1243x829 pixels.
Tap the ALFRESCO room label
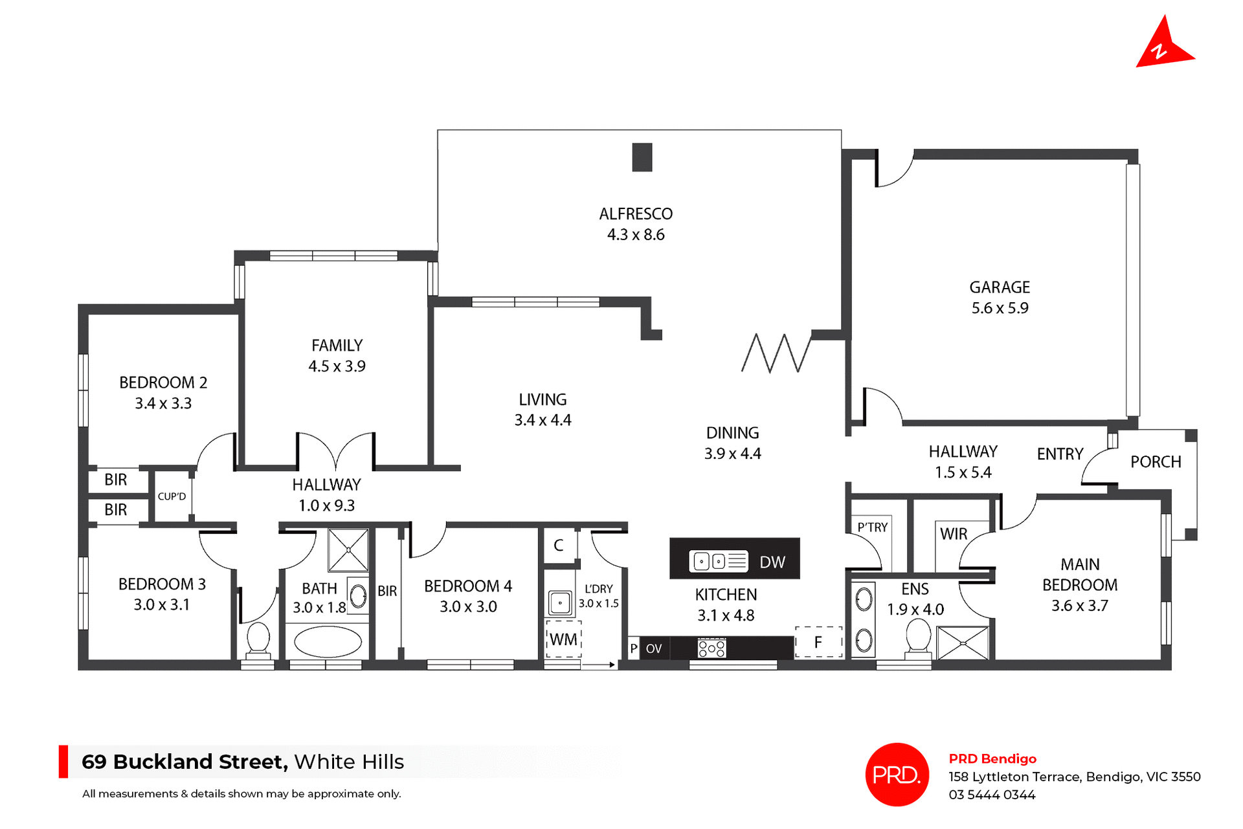(x=635, y=214)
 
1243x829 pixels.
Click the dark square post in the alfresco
(x=642, y=157)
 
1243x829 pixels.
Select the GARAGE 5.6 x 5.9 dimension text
(x=999, y=308)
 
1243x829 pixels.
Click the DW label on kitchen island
(x=772, y=562)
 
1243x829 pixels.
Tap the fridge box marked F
(x=818, y=642)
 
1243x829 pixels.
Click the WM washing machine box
(x=563, y=639)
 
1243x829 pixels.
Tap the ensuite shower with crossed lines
(x=963, y=643)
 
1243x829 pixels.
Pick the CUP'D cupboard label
(x=172, y=496)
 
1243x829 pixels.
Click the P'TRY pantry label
(x=872, y=527)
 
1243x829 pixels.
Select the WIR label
(x=953, y=534)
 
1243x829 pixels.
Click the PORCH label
(x=1155, y=461)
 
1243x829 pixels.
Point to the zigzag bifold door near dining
(x=775, y=353)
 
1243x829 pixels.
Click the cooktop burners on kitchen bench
(x=711, y=648)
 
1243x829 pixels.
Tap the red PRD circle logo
(x=897, y=774)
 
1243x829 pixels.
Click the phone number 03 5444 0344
(x=992, y=795)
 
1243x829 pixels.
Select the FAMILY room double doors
(x=335, y=450)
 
